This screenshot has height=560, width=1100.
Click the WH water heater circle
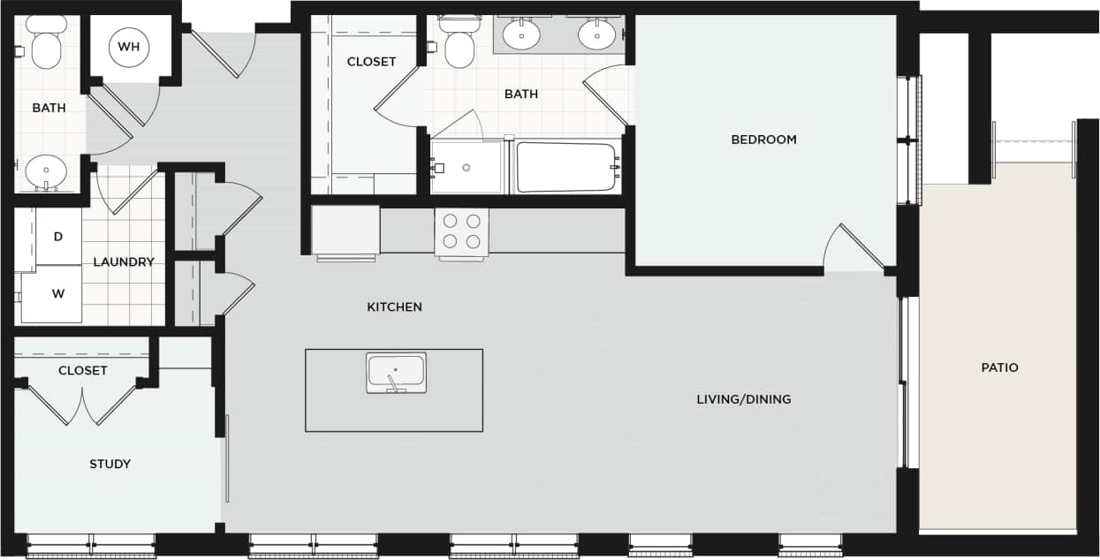(x=129, y=47)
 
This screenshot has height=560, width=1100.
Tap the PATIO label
(x=999, y=367)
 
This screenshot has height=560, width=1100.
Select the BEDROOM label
(x=763, y=140)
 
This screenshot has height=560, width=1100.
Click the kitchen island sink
(x=396, y=372)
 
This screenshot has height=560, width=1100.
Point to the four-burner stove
(x=462, y=231)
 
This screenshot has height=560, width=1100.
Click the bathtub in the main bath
(x=566, y=167)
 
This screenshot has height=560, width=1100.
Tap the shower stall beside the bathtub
(x=467, y=168)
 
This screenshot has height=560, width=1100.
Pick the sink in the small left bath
(x=45, y=171)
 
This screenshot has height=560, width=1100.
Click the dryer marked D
(x=58, y=237)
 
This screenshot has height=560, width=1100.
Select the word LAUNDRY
(x=124, y=262)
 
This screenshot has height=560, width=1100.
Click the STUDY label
(x=110, y=464)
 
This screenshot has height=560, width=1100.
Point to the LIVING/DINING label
(x=743, y=399)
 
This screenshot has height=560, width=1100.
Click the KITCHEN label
(x=394, y=307)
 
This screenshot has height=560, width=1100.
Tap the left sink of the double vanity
(x=521, y=35)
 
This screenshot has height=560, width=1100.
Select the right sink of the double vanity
(x=596, y=35)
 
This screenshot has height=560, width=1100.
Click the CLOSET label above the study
(x=82, y=371)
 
